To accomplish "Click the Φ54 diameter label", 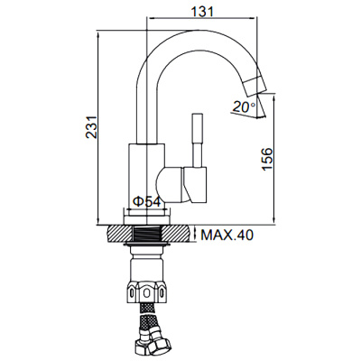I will coord(146,201).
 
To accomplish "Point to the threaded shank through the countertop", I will coord(147,236).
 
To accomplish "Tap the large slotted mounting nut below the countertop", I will coord(147,293).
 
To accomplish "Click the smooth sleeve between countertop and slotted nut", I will coord(147,266).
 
